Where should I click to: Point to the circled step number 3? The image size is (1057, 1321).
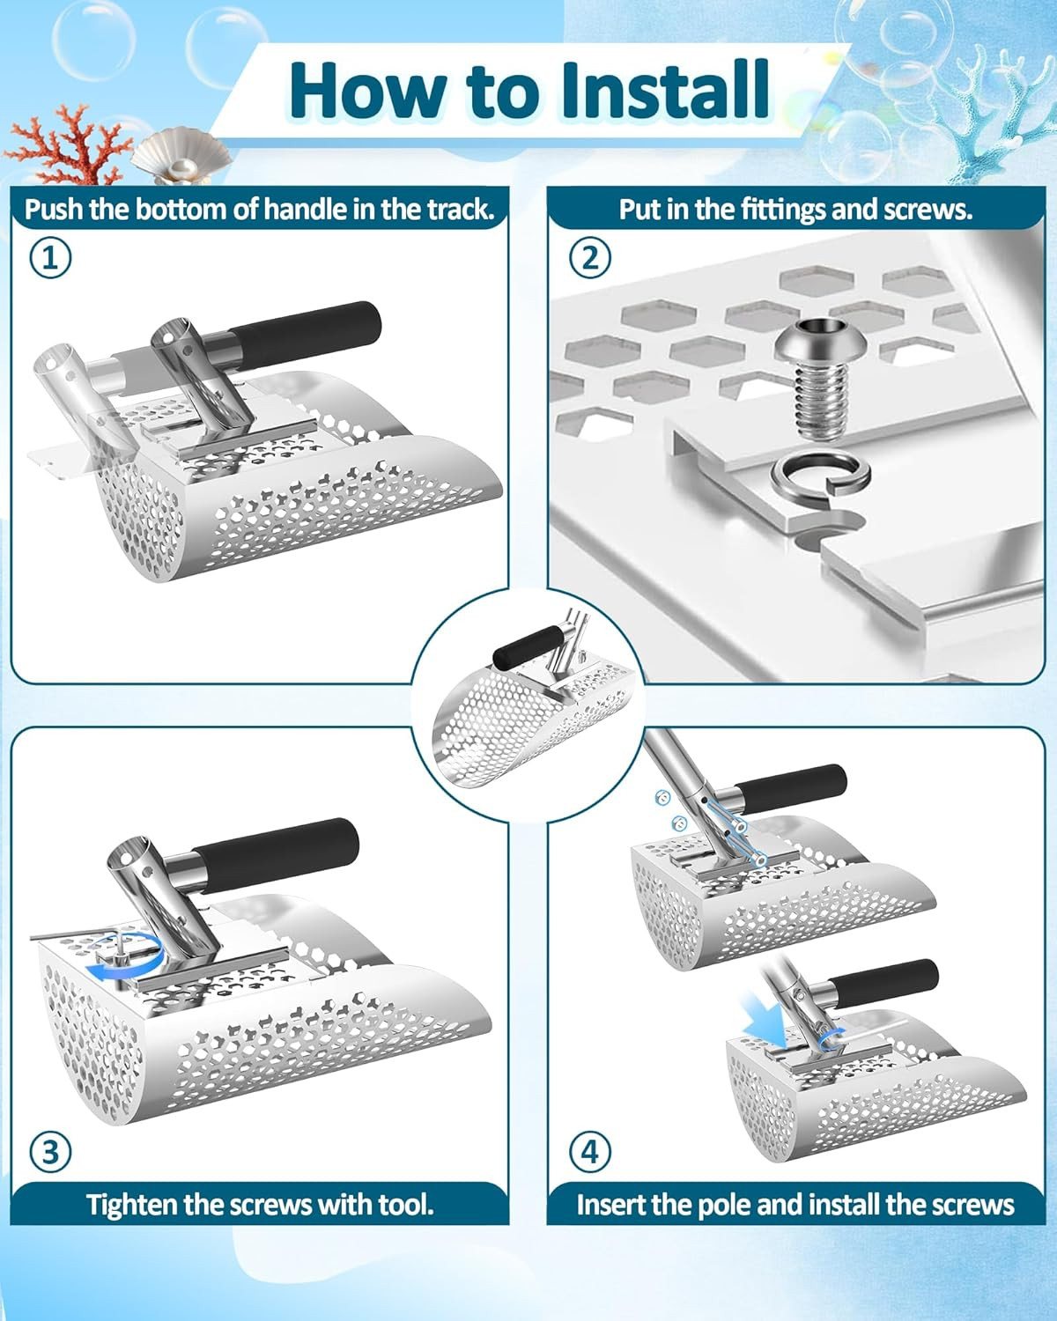tap(50, 1151)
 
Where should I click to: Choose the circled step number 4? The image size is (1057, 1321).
tap(590, 1151)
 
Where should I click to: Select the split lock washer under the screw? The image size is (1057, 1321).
tap(820, 475)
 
